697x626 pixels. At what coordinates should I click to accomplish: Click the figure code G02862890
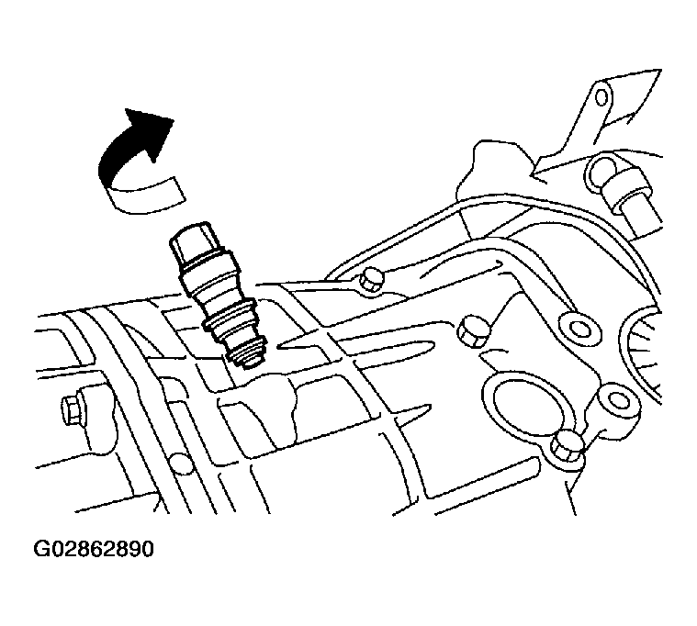tap(94, 549)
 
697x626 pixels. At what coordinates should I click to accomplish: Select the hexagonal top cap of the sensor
tap(192, 245)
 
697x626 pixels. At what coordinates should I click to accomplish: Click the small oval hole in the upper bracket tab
tap(601, 97)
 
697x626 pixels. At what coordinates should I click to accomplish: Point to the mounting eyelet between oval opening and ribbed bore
tap(617, 400)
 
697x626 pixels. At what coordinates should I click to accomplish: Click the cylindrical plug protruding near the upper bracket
tap(627, 189)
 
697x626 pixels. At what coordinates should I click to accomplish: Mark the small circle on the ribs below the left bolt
tap(180, 461)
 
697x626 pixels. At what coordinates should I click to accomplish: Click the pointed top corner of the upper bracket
tap(660, 70)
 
